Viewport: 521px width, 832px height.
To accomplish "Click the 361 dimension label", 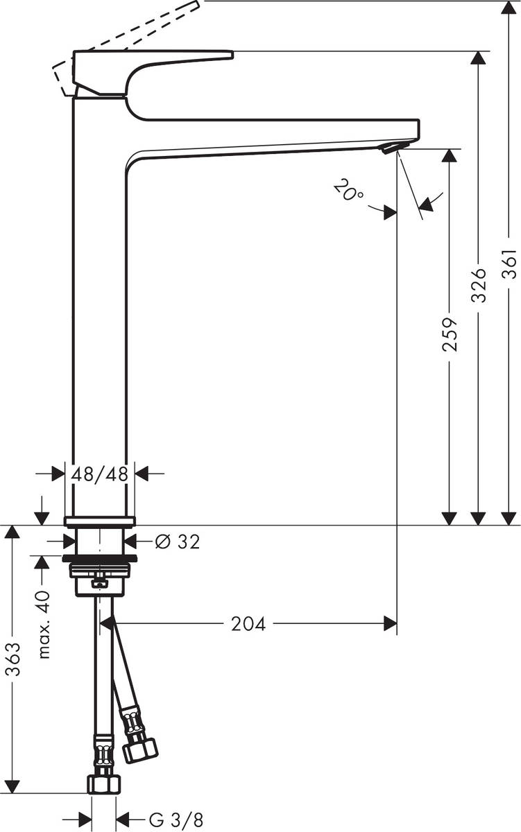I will [x=510, y=263].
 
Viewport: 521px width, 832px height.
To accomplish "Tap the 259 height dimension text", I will [x=450, y=335].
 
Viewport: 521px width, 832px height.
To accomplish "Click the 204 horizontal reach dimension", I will [x=248, y=624].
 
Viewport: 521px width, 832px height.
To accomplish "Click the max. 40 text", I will [x=44, y=625].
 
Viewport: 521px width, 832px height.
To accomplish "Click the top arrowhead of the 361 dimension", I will [x=509, y=8].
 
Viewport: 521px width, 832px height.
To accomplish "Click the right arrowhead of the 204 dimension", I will [x=390, y=624].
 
